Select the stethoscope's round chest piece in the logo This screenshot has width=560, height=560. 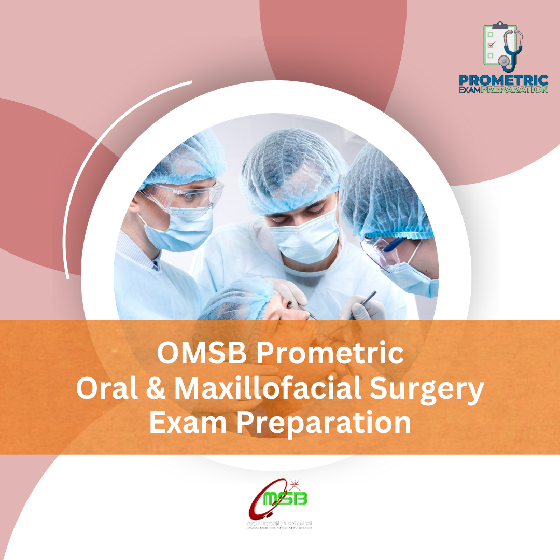coord(503,61)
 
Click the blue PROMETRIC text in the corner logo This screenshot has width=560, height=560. coord(503,81)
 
